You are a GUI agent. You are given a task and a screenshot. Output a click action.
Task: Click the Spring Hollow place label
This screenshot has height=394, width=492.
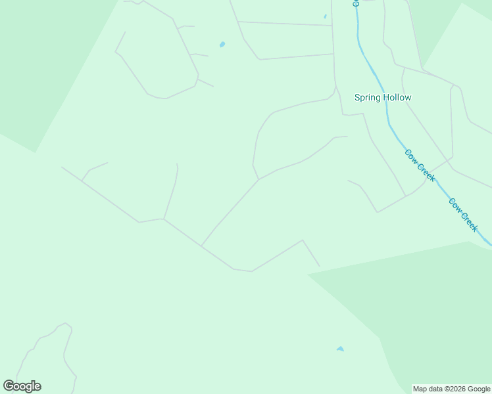(x=383, y=98)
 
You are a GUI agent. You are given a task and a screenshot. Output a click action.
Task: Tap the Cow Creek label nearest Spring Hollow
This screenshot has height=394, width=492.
(x=420, y=165)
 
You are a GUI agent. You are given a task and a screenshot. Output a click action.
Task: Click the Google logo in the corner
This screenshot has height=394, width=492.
(x=22, y=386)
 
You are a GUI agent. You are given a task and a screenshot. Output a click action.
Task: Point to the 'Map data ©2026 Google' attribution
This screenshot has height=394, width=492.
(x=452, y=389)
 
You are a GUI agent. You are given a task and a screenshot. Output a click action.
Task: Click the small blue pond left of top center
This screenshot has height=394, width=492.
(x=222, y=45)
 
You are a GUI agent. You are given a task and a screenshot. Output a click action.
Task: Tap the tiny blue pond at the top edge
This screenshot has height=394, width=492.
(x=325, y=16)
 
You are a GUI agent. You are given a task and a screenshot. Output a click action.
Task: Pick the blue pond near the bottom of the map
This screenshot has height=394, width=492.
(x=340, y=349)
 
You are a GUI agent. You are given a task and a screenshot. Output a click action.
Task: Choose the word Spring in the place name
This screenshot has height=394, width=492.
(x=368, y=98)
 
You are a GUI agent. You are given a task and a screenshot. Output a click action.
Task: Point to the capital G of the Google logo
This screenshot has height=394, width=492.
(x=9, y=386)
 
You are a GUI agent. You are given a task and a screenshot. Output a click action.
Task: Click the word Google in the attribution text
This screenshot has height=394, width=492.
(x=478, y=389)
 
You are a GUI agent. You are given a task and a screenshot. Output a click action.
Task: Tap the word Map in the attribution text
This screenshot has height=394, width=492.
(x=420, y=389)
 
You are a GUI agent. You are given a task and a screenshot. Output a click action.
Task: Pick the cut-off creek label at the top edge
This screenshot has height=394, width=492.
(x=356, y=3)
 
